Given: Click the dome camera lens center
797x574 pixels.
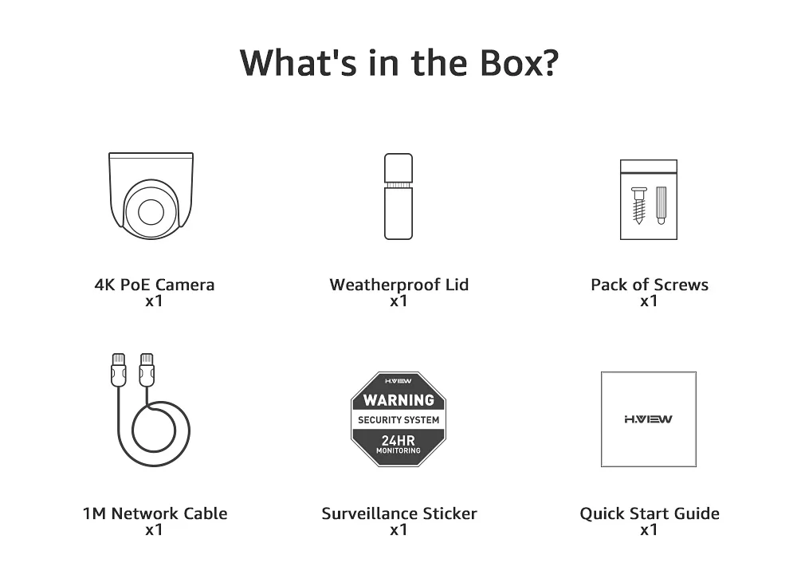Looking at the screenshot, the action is pos(150,213).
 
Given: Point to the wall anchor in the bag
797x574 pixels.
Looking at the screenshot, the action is pos(661,205).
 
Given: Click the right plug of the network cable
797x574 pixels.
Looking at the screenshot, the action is pos(146,371).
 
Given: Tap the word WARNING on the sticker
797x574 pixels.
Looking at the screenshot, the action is pos(398,399).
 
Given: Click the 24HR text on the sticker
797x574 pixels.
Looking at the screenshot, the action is pos(398,439).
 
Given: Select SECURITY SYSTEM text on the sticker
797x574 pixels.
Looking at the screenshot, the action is pos(398,420).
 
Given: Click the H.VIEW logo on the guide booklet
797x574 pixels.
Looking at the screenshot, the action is pos(648,419).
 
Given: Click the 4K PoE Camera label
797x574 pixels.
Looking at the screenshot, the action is pos(154,285).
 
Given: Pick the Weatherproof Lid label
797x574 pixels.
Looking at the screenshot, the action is pos(398,285).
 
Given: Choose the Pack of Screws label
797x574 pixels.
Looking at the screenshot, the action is pos(649,285).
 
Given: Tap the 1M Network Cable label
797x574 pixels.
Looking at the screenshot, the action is pos(155,513).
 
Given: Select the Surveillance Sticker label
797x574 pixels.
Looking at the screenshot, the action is pos(398,513).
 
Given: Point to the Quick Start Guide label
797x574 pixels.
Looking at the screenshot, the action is pos(649,513).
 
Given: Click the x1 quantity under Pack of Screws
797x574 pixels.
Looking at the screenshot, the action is pos(649,301).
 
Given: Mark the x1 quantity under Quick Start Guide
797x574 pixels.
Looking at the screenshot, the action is pos(649,530).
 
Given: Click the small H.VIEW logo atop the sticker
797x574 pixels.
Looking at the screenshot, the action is pos(398,380).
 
